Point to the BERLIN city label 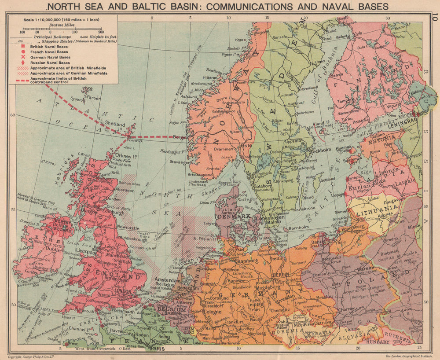tap(281, 274)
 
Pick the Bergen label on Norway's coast tap(180, 137)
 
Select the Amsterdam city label tap(166, 280)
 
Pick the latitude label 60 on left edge tap(12, 115)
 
